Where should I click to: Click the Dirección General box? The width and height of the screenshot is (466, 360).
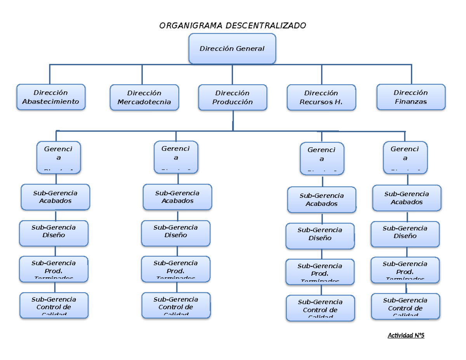click(232, 49)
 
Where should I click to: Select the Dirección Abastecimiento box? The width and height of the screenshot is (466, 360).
click(51, 97)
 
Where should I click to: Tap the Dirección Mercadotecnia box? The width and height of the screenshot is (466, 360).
click(144, 97)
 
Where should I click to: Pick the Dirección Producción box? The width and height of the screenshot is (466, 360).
click(233, 97)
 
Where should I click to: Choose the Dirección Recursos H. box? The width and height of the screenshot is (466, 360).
click(321, 97)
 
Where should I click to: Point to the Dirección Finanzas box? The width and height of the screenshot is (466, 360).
click(411, 97)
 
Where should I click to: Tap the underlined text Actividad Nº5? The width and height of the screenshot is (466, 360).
click(406, 335)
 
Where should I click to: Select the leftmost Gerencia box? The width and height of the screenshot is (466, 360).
click(59, 157)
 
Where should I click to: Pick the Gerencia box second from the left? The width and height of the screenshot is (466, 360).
click(176, 157)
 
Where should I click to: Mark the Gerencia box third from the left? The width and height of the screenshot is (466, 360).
click(322, 158)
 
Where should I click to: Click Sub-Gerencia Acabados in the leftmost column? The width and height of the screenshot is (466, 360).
click(56, 197)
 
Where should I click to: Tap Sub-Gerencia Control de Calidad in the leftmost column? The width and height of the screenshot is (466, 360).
click(54, 305)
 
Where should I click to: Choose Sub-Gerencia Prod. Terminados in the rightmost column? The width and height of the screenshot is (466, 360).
click(405, 269)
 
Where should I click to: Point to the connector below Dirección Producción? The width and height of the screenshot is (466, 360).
click(233, 120)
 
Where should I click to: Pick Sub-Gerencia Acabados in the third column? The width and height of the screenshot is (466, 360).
click(322, 200)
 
